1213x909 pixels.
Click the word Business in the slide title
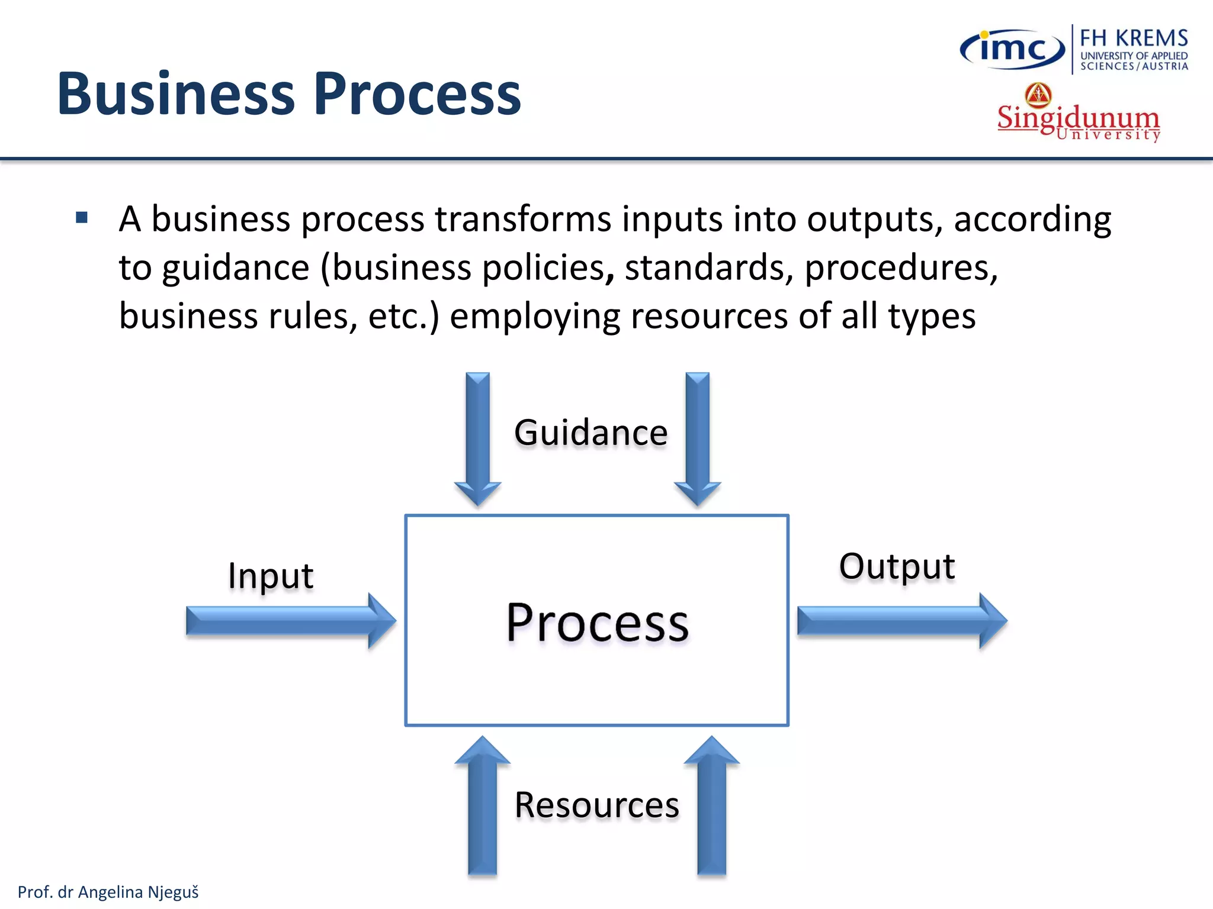coord(176,94)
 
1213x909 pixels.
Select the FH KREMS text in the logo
coord(1134,38)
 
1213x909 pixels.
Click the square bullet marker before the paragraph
coord(82,218)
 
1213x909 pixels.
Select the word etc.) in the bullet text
coord(403,316)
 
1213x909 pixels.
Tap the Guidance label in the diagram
coord(591,432)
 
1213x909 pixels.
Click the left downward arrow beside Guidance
coord(477,438)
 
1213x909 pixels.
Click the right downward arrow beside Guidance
coord(698,438)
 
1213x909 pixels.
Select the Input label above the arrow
coord(271,575)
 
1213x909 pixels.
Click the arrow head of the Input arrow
coord(381,620)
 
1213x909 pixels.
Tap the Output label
coord(897,566)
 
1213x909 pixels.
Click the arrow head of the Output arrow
coord(993,620)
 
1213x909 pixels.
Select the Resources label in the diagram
coord(596,805)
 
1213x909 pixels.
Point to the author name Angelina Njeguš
coord(138,892)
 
